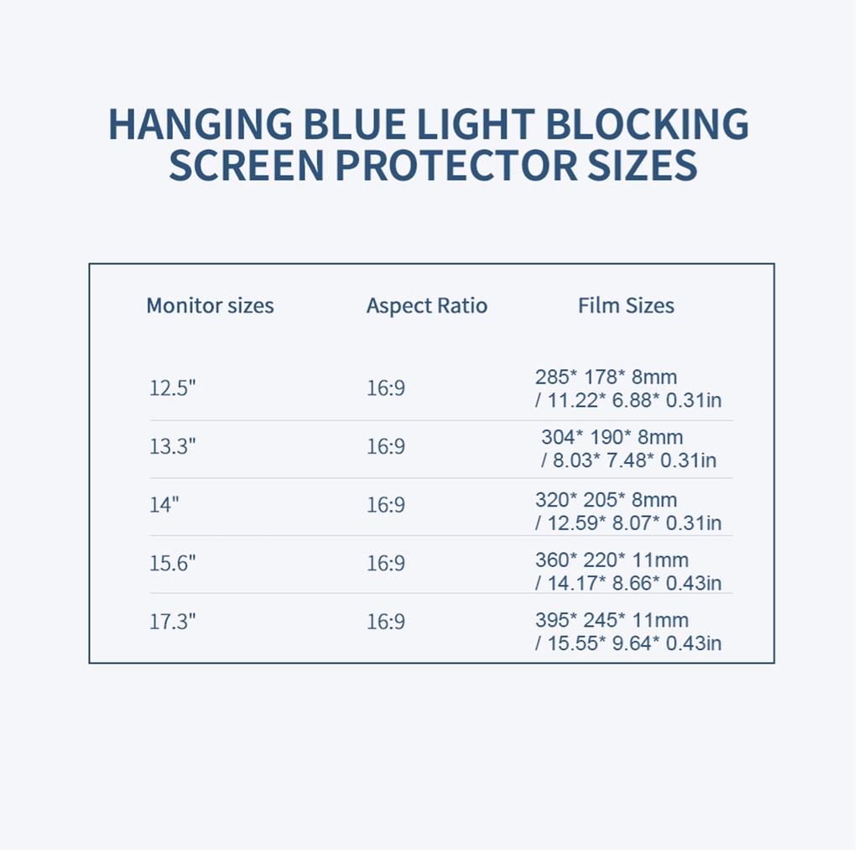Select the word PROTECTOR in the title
coord(456,165)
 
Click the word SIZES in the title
coord(644,165)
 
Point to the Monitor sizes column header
coord(210,305)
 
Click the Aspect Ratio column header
coord(426,305)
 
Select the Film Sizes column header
coord(626,305)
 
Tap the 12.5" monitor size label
coord(173,388)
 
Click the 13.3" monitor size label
coord(173,446)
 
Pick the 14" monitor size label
coord(164,505)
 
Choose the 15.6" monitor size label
coord(173,563)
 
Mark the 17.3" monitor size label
coord(173,622)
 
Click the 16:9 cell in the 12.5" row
coord(386,388)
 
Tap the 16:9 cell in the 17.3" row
coord(386,622)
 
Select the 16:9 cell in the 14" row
coord(386,505)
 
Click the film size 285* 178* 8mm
coord(606,377)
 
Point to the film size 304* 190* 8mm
coord(612,437)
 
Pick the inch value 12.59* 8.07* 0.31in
coord(633,523)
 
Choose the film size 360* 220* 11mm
coord(612,560)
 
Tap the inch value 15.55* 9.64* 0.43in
coord(633,643)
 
